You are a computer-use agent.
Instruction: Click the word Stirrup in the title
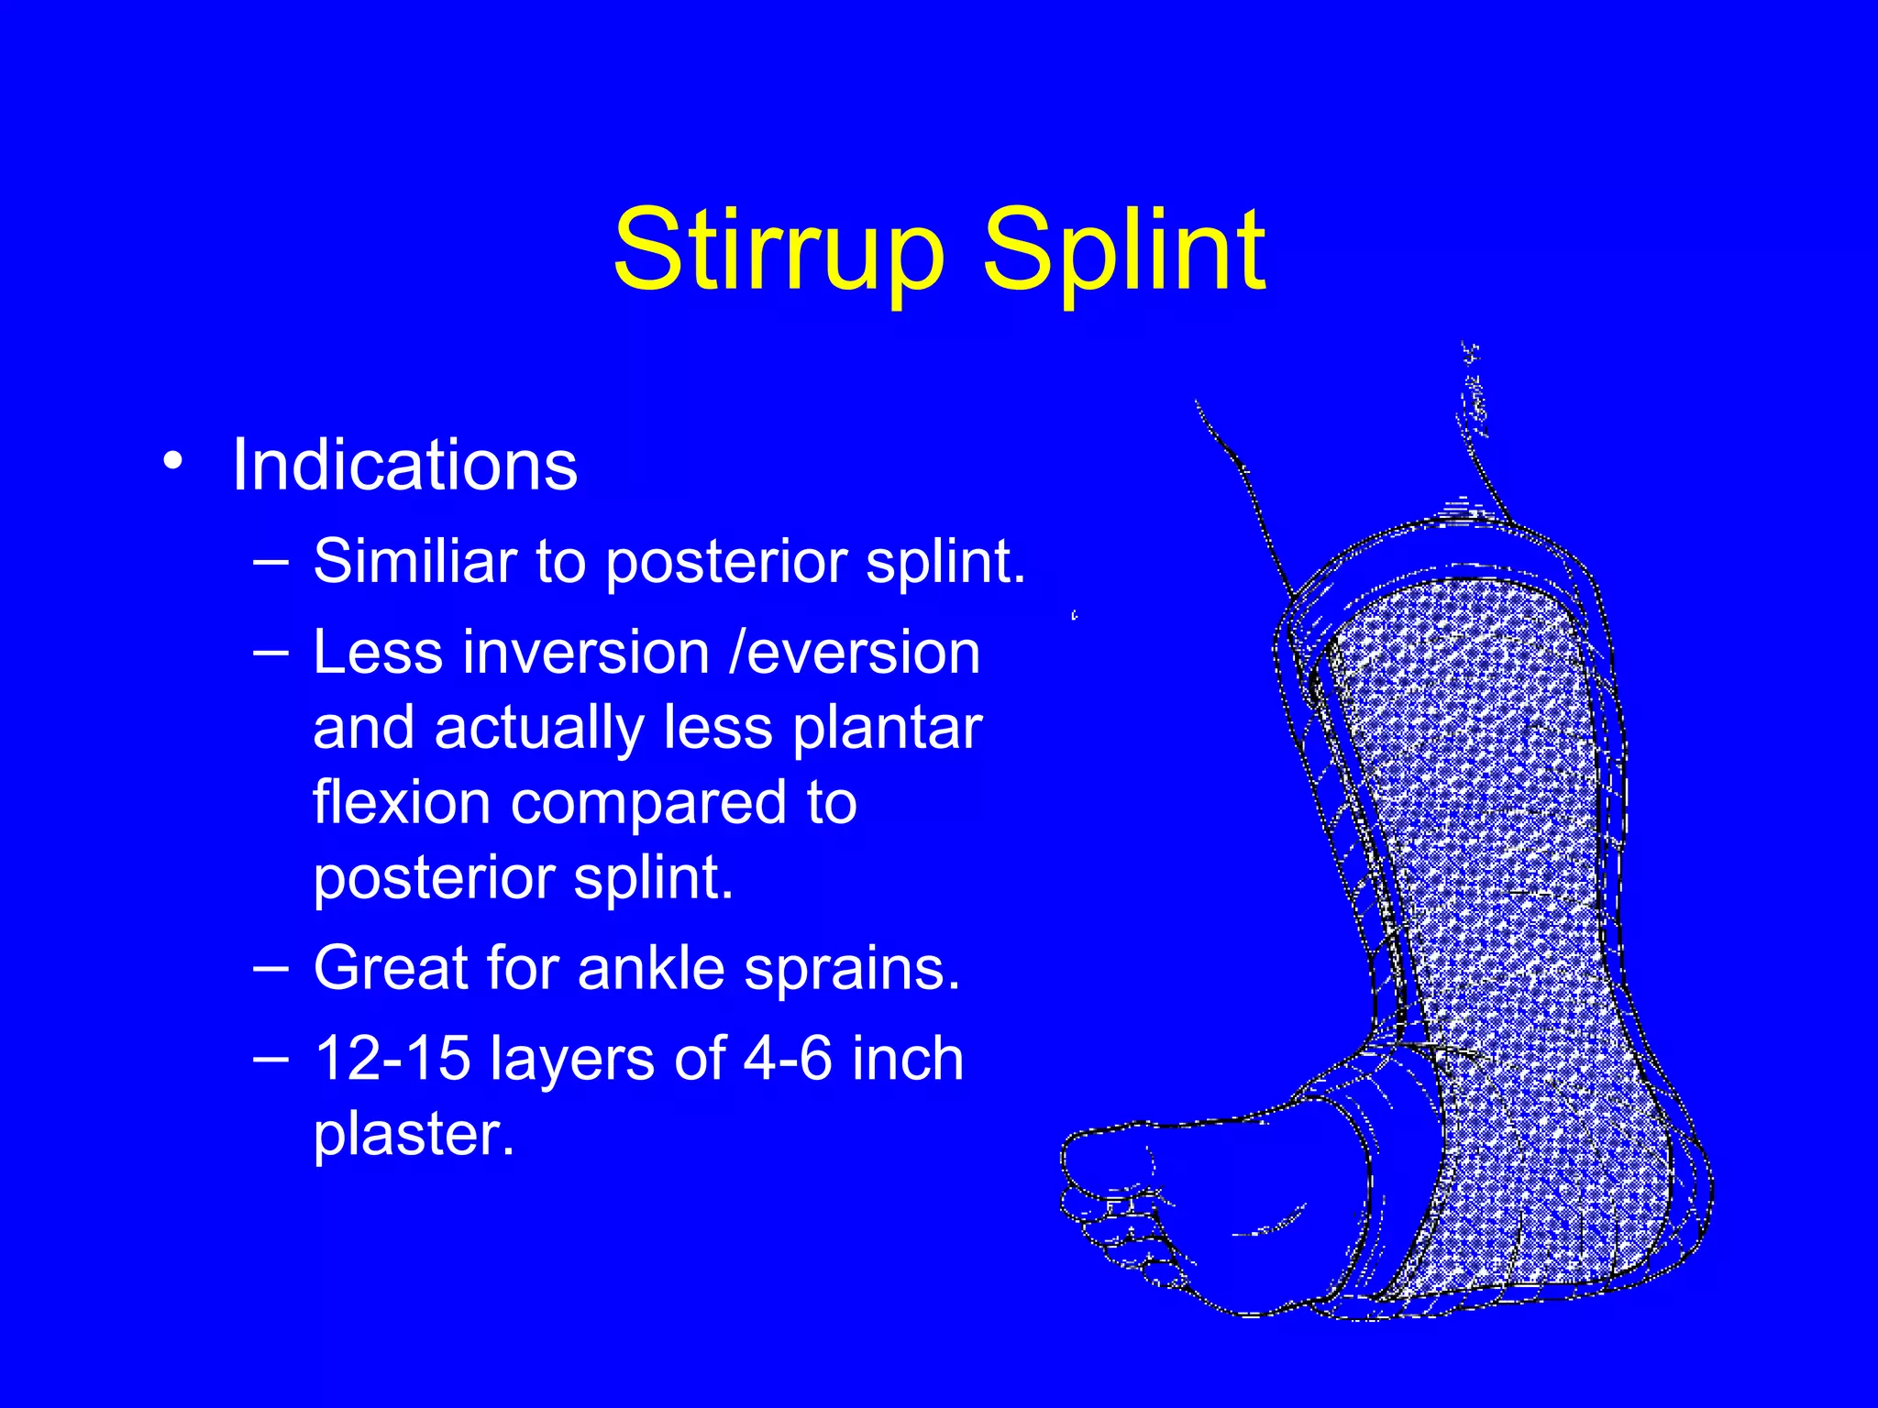pyautogui.click(x=778, y=249)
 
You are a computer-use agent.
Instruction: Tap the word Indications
pyautogui.click(x=404, y=465)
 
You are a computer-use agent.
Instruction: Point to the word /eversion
pyautogui.click(x=855, y=653)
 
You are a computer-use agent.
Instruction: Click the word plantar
pyautogui.click(x=887, y=729)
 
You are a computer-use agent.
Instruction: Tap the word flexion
pyautogui.click(x=402, y=802)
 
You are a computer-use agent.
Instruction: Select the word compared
pyautogui.click(x=647, y=804)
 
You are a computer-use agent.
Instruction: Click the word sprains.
pyautogui.click(x=852, y=970)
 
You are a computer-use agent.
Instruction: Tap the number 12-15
pyautogui.click(x=392, y=1058)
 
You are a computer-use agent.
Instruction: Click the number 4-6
pyautogui.click(x=788, y=1058)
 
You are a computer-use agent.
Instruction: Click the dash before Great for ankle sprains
pyautogui.click(x=271, y=966)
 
